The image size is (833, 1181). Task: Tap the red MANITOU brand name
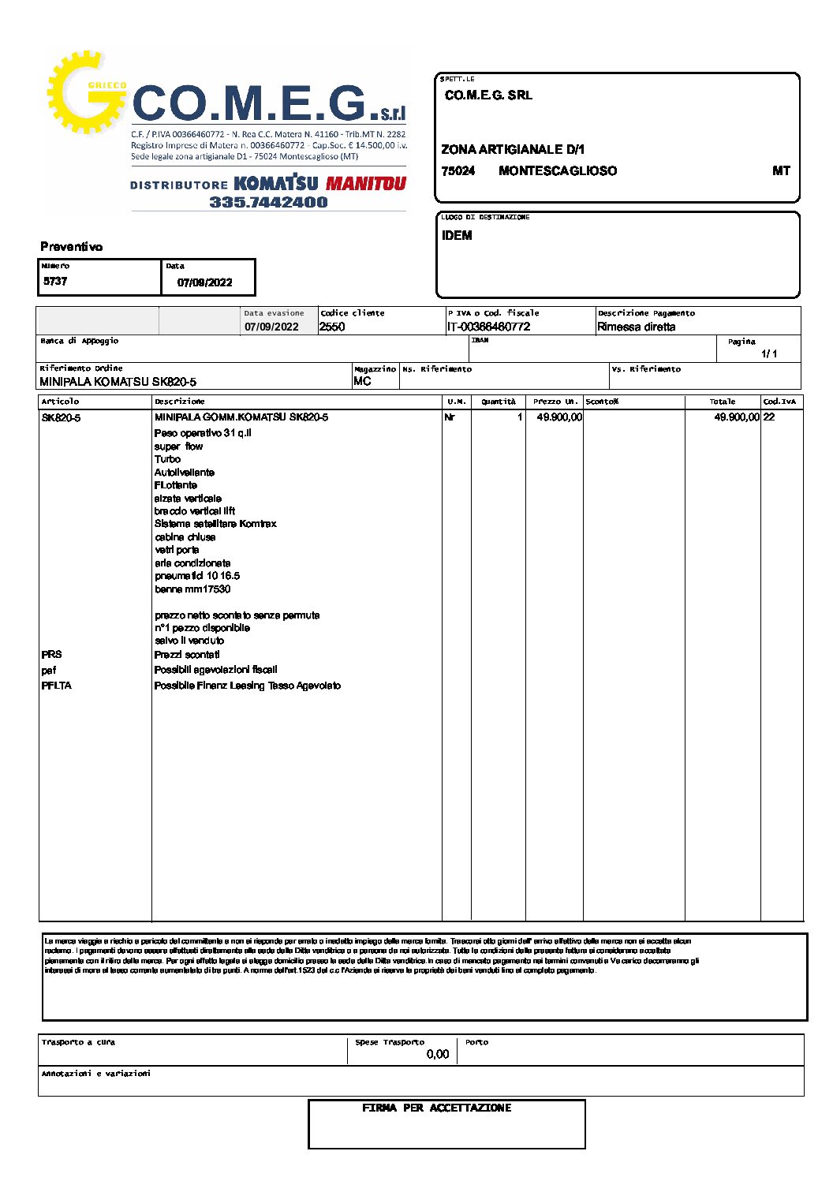pyautogui.click(x=366, y=184)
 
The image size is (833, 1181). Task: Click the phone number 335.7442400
pyautogui.click(x=268, y=202)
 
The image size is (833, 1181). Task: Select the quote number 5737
pyautogui.click(x=55, y=282)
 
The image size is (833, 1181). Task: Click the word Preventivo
pyautogui.click(x=72, y=247)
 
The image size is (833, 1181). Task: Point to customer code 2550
pyautogui.click(x=332, y=327)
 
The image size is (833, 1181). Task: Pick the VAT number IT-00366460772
pyautogui.click(x=488, y=327)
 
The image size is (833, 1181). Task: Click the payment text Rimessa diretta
pyautogui.click(x=636, y=327)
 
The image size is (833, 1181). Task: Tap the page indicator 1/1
pyautogui.click(x=769, y=353)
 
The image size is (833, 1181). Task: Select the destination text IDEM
pyautogui.click(x=457, y=235)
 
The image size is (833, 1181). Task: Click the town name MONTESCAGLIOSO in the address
pyautogui.click(x=558, y=170)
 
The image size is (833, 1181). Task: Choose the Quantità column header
pyautogui.click(x=499, y=402)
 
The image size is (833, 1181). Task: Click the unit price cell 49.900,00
pyautogui.click(x=559, y=417)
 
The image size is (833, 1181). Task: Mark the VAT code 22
pyautogui.click(x=769, y=417)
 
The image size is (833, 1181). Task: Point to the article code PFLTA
pyautogui.click(x=56, y=686)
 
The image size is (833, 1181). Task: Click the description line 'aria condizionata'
pyautogui.click(x=192, y=563)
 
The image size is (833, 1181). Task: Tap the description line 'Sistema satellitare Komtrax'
pyautogui.click(x=215, y=524)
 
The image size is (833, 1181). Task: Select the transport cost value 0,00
pyautogui.click(x=437, y=1054)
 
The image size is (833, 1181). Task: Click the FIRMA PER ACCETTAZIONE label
pyautogui.click(x=437, y=1108)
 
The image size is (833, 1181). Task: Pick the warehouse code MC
pyautogui.click(x=362, y=381)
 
